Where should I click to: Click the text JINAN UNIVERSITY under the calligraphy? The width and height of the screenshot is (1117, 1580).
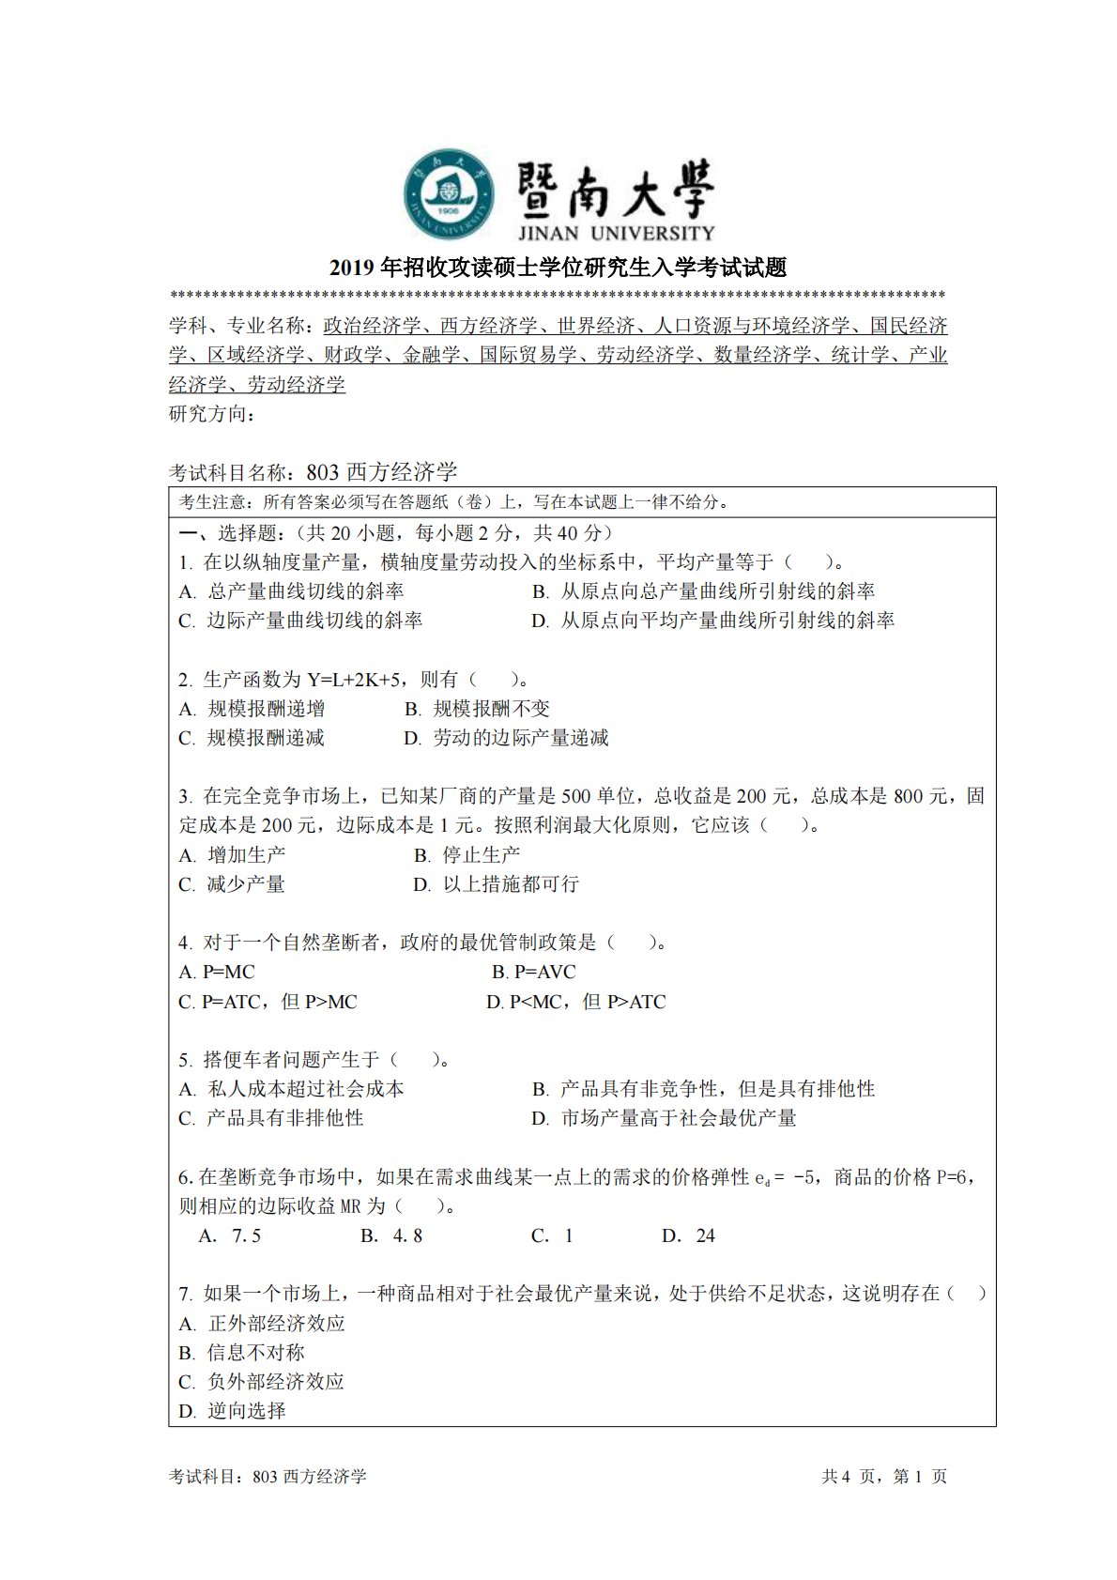click(615, 232)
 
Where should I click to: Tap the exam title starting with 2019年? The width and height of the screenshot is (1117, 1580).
click(558, 268)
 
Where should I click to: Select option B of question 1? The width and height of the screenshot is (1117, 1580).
click(703, 591)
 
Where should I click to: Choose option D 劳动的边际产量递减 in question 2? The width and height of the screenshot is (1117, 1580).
click(506, 738)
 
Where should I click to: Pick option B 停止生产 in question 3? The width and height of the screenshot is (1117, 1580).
click(467, 855)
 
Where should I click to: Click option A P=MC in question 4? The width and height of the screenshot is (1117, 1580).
click(217, 972)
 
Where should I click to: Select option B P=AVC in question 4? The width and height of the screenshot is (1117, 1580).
click(533, 972)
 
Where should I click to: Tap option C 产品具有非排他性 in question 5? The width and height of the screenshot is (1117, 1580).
click(271, 1118)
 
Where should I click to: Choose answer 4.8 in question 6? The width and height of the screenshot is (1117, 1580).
click(392, 1235)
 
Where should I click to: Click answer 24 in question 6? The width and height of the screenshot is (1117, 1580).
click(689, 1235)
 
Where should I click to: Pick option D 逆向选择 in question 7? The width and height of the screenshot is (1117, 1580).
click(233, 1411)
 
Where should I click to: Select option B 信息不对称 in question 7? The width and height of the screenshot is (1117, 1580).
click(242, 1353)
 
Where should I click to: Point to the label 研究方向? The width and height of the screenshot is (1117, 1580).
click(211, 414)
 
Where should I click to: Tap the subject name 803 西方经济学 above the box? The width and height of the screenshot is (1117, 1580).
click(383, 472)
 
